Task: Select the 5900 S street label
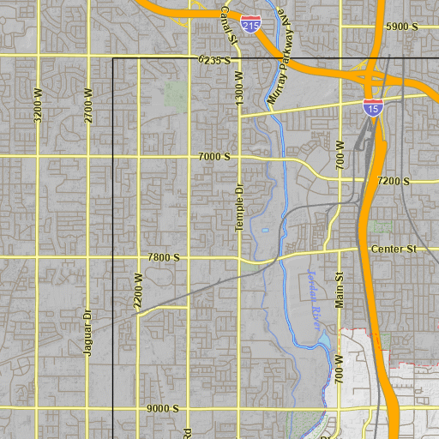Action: (x=401, y=27)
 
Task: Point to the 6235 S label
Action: (x=213, y=60)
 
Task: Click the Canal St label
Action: (x=228, y=24)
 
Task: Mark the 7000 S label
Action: (x=214, y=157)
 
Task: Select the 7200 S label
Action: (x=394, y=181)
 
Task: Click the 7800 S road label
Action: (x=163, y=257)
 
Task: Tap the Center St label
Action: (x=393, y=250)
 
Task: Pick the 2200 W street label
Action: (x=138, y=291)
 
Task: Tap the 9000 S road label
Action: (x=162, y=409)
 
